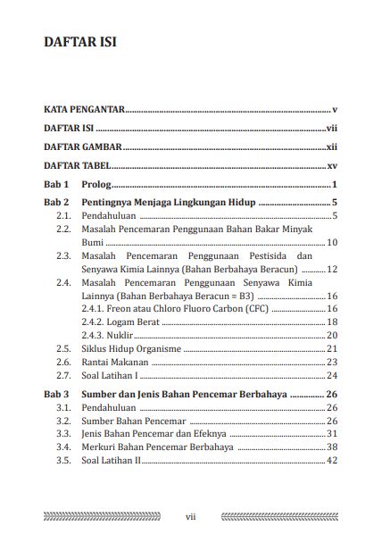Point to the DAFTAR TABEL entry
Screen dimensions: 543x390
coord(79,165)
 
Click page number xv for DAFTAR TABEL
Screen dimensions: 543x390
coord(331,165)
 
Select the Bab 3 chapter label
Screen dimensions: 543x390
coord(56,394)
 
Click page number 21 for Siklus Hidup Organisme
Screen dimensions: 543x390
coord(331,348)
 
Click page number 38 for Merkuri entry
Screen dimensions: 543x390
coord(331,447)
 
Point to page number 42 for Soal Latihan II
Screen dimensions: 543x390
coord(331,460)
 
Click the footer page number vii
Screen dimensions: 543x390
coord(190,515)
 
